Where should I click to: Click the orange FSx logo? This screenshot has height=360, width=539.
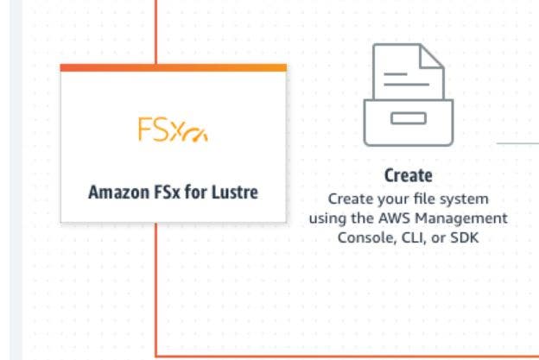tap(173, 130)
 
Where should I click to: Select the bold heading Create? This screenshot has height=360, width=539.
tap(408, 176)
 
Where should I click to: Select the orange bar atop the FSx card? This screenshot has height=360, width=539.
tap(173, 67)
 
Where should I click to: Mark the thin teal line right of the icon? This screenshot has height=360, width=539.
tap(517, 142)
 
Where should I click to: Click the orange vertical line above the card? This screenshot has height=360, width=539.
tap(155, 30)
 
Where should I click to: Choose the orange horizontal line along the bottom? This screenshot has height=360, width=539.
tap(346, 355)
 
